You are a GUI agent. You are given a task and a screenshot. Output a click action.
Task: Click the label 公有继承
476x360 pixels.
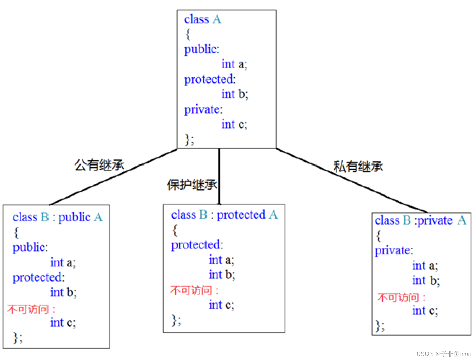coord(99,165)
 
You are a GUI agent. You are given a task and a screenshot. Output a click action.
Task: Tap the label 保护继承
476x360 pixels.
coord(192,185)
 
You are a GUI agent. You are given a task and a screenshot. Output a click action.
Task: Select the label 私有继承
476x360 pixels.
coord(358,167)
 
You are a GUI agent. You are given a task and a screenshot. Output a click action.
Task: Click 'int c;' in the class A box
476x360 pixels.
coord(234,124)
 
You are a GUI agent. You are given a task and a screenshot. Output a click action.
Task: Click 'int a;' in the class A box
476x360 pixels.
coord(234,64)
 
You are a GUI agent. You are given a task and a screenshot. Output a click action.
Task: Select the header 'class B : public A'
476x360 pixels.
coord(58,217)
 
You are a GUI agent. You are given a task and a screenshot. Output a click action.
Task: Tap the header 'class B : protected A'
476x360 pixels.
coord(224,215)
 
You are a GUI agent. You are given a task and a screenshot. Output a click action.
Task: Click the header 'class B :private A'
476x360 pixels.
coord(420,220)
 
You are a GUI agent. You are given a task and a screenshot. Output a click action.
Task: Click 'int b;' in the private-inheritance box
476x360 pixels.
coord(426,280)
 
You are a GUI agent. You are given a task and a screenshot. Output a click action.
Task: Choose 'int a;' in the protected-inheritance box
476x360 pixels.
coord(221,260)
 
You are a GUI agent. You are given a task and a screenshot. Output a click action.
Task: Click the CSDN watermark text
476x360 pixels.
coord(444,354)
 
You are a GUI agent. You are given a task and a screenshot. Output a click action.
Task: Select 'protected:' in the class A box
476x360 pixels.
coord(210,79)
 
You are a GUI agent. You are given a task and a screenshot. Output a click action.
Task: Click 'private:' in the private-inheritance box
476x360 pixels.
coord(394,251)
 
